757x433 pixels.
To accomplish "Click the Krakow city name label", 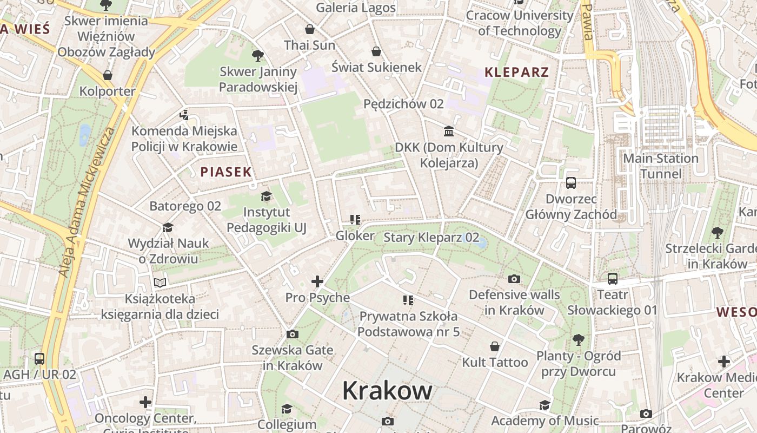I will tap(387, 390).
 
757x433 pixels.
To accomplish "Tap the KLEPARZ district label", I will tap(516, 72).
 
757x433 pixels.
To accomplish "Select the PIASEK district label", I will tap(226, 172).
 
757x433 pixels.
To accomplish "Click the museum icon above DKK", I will tap(448, 131).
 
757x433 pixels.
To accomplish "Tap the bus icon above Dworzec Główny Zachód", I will tap(571, 183).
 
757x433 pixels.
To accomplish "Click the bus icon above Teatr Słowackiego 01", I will tap(612, 279).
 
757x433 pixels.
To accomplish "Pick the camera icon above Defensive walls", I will tap(514, 279).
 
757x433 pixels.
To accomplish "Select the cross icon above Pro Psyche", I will tap(317, 281).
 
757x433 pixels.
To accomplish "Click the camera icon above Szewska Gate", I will tap(293, 334).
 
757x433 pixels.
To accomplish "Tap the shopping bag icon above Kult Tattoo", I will tap(494, 346).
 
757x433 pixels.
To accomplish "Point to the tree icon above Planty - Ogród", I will tap(579, 340).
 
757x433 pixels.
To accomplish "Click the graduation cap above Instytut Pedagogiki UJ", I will tap(266, 196).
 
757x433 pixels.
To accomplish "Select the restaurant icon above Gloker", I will tap(355, 220).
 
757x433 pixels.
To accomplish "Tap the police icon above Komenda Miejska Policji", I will tap(184, 115).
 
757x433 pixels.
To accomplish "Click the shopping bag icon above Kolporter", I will tap(108, 75).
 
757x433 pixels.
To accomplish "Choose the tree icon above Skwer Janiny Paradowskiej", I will tap(258, 55).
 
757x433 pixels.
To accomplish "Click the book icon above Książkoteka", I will tap(160, 283).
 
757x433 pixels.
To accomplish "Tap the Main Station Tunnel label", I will tap(661, 166).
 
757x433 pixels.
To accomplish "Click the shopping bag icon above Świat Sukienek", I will tap(376, 51).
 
